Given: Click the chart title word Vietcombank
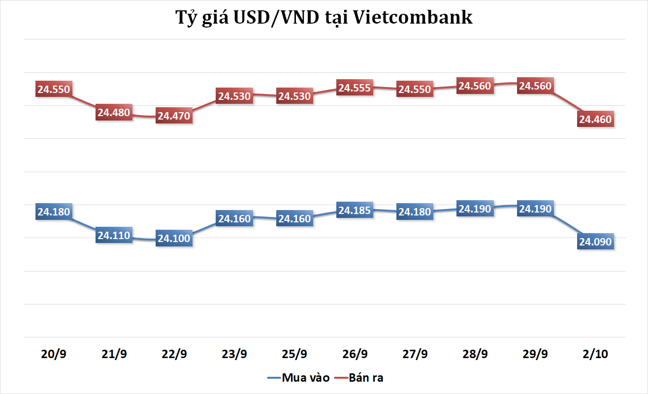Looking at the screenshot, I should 423,18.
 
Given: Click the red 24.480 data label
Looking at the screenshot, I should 114,113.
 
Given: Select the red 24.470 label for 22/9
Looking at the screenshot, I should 174,117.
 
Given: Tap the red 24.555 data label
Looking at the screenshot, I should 355,88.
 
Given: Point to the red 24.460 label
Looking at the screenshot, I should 595,119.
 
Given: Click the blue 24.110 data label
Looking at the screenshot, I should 114,236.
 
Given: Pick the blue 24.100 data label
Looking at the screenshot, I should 174,239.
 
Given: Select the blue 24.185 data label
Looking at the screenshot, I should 355,210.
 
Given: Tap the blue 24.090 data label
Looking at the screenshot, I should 595,242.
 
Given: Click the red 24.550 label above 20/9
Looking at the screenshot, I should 54,90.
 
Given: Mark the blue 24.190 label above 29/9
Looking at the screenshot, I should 535,209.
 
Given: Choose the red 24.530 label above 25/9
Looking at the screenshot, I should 294,96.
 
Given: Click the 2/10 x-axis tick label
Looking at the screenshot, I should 595,354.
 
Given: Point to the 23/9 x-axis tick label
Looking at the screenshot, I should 234,354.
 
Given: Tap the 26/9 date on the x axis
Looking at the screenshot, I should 355,354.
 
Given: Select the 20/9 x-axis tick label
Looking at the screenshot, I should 54,354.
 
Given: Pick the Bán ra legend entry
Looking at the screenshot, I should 366,378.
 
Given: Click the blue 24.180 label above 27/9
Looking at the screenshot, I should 415,212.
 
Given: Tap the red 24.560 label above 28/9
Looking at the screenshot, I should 475,86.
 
